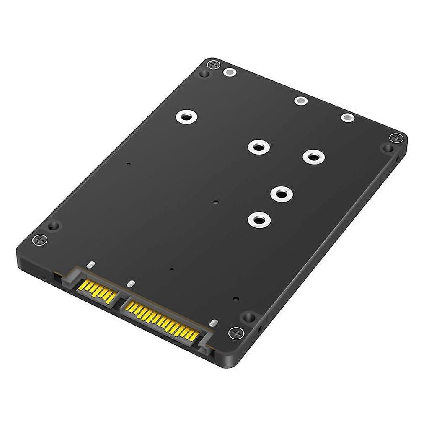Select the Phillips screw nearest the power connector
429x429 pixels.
pos(235,333)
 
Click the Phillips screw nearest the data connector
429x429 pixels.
pos(40,240)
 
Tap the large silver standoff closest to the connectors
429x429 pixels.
pos(258,219)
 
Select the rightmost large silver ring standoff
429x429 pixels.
pos(314,157)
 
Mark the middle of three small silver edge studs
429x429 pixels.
pos(300,101)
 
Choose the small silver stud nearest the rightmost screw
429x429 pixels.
pos(347,118)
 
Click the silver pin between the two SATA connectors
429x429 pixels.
pos(131,284)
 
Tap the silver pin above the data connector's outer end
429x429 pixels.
pos(91,265)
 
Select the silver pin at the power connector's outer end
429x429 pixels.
pos(213,323)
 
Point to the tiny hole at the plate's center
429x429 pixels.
pos(215,202)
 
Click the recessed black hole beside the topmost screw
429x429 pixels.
pos(204,74)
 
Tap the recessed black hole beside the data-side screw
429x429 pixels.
pos(53,226)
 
